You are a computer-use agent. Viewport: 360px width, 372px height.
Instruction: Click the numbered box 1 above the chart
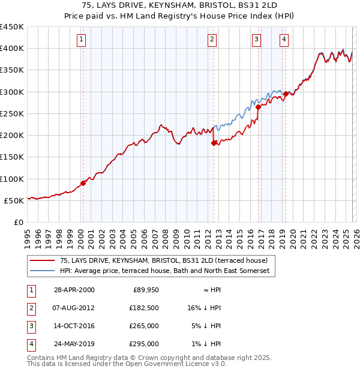pos(81,40)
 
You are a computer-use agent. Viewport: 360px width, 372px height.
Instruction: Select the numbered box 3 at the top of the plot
pos(256,40)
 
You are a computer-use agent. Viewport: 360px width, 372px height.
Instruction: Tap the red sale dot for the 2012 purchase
pos(214,143)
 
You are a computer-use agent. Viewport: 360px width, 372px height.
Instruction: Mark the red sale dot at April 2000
pos(83,183)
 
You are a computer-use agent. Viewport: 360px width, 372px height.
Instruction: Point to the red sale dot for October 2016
pos(258,107)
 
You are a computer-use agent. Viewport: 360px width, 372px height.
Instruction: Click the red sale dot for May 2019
pos(286,94)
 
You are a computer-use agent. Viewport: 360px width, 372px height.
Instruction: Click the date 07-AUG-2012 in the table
pos(74,307)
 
